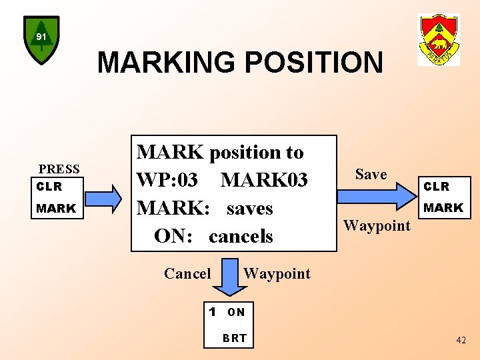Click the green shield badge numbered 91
pyautogui.click(x=41, y=39)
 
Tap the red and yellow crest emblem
pyautogui.click(x=438, y=40)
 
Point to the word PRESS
pyautogui.click(x=59, y=169)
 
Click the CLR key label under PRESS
pyautogui.click(x=49, y=187)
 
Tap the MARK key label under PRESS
pyautogui.click(x=56, y=209)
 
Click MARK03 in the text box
pyautogui.click(x=264, y=180)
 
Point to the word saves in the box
pyautogui.click(x=249, y=208)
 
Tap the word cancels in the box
pyautogui.click(x=241, y=236)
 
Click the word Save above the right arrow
pyautogui.click(x=371, y=174)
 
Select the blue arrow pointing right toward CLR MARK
pyautogui.click(x=376, y=197)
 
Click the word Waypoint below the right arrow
pyautogui.click(x=377, y=225)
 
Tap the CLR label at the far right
pyautogui.click(x=437, y=187)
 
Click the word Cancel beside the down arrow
pyautogui.click(x=187, y=273)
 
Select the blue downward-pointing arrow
pyautogui.click(x=229, y=281)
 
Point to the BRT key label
pyautogui.click(x=235, y=338)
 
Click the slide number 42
pyautogui.click(x=461, y=340)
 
